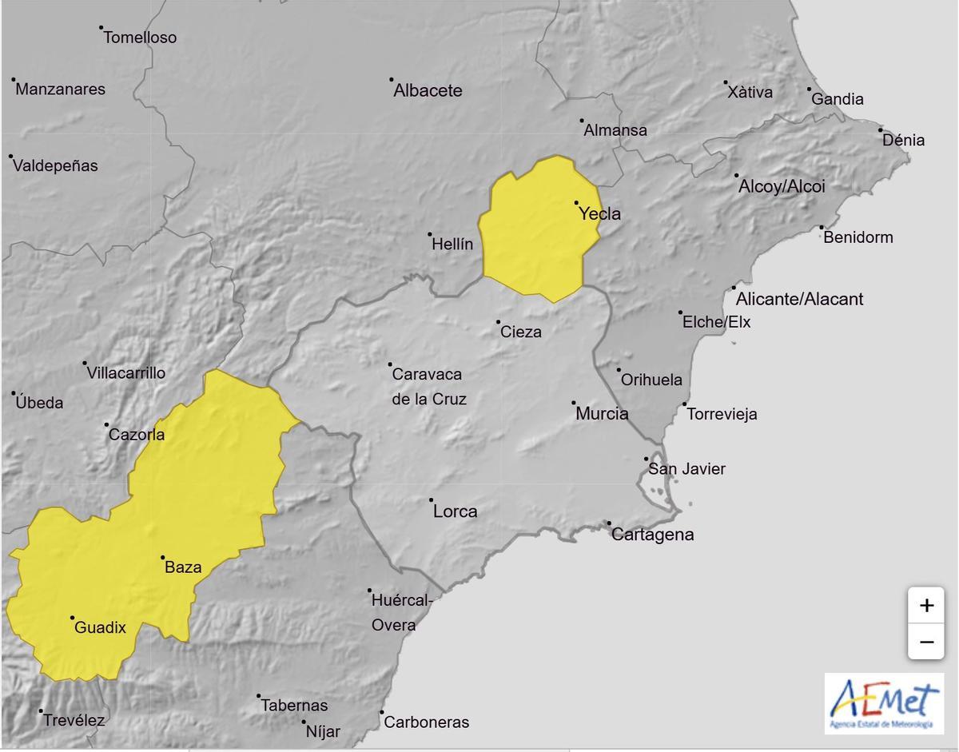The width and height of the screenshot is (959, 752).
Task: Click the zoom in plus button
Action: (926, 605)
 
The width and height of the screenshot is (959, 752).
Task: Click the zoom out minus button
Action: (926, 641)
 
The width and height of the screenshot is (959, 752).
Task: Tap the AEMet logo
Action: (883, 703)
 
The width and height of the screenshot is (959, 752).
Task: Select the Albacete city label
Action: (428, 90)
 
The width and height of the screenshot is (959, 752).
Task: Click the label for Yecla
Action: (599, 214)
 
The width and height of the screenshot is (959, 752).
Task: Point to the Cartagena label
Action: (652, 535)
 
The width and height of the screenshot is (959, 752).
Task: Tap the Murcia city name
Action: (602, 414)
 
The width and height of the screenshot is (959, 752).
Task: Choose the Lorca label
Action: (455, 511)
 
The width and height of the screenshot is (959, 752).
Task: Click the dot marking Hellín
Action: (430, 234)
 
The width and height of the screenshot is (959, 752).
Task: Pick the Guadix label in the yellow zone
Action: (100, 628)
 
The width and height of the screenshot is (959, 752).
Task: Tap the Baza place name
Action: (182, 568)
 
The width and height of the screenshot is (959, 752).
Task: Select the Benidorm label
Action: (858, 237)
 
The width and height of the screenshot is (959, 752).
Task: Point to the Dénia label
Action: (903, 141)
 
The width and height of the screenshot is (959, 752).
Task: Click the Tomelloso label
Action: (140, 38)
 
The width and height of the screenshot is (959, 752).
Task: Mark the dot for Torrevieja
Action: (685, 404)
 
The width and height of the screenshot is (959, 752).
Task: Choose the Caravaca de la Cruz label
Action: (428, 386)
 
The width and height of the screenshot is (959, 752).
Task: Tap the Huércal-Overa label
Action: (400, 612)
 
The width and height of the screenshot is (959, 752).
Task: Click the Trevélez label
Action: (74, 720)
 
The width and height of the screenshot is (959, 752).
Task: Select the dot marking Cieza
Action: (498, 322)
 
